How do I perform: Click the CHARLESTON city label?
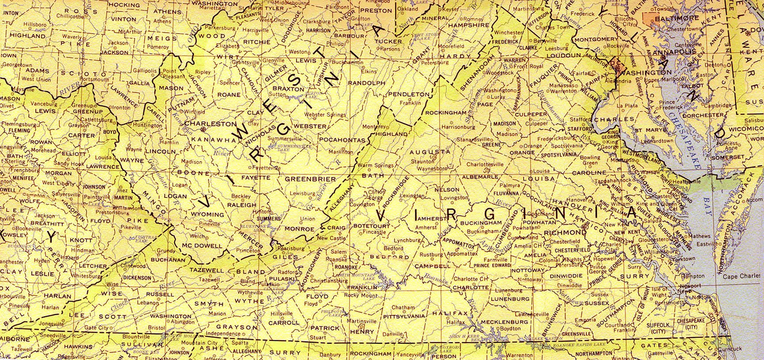click(x=210, y=124)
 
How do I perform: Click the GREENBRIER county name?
click(x=310, y=179)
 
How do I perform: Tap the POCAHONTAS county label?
click(x=342, y=140)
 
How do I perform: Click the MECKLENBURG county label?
click(x=504, y=322)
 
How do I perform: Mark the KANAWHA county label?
click(x=209, y=140)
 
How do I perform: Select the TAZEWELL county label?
click(x=207, y=269)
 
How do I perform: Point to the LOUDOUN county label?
click(x=563, y=56)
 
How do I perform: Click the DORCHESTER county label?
click(x=707, y=115)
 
